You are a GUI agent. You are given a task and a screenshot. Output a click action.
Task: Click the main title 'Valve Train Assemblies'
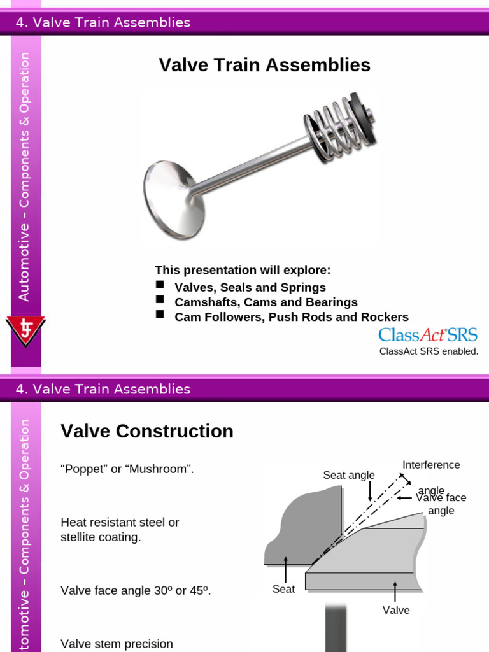[x=264, y=65]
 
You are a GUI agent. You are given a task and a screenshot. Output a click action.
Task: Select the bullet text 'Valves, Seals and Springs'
[x=250, y=287]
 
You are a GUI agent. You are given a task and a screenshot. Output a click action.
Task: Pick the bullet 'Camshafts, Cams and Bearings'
[x=266, y=302]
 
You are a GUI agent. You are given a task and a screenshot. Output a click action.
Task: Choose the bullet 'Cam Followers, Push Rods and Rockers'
[x=292, y=317]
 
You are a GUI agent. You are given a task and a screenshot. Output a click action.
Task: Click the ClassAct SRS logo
[x=428, y=335]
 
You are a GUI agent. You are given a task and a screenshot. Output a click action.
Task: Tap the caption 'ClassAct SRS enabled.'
[x=429, y=351]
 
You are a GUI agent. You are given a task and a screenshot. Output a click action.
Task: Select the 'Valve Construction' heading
[x=147, y=431]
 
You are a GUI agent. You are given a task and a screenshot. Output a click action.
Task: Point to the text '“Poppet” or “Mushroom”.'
[x=127, y=469]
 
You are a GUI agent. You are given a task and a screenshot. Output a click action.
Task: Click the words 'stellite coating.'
[x=101, y=537]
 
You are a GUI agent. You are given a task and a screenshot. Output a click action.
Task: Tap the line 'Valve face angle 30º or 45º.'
[x=136, y=590]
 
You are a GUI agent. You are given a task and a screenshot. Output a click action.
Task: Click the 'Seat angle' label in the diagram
[x=349, y=475]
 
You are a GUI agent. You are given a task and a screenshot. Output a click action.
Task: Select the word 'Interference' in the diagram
[x=431, y=465]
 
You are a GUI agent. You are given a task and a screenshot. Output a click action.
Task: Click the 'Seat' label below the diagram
[x=283, y=589]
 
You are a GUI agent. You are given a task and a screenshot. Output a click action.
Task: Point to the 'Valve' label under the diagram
[x=396, y=610]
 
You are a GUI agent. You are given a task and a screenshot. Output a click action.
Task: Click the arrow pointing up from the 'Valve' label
[x=396, y=591]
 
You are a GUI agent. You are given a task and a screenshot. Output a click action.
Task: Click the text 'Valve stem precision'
[x=117, y=644]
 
